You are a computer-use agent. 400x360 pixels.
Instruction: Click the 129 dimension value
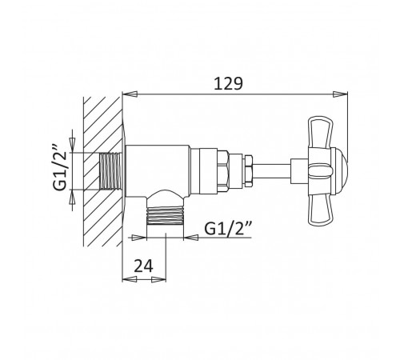coord(229,84)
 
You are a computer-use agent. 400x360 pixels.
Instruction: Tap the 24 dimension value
coord(144,266)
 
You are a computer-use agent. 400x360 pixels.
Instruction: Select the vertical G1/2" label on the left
coord(59,167)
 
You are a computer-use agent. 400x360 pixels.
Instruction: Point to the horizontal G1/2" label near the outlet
coord(228,229)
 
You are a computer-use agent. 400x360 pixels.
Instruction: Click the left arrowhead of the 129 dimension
coord(130,94)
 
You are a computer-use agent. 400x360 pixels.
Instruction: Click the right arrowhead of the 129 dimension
coord(340,94)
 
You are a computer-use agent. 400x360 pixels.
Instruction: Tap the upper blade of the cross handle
coord(320,131)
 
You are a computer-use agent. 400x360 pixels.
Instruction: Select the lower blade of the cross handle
coord(320,209)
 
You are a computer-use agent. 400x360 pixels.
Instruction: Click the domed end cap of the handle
coord(339,170)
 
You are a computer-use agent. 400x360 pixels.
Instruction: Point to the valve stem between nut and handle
coord(271,170)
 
